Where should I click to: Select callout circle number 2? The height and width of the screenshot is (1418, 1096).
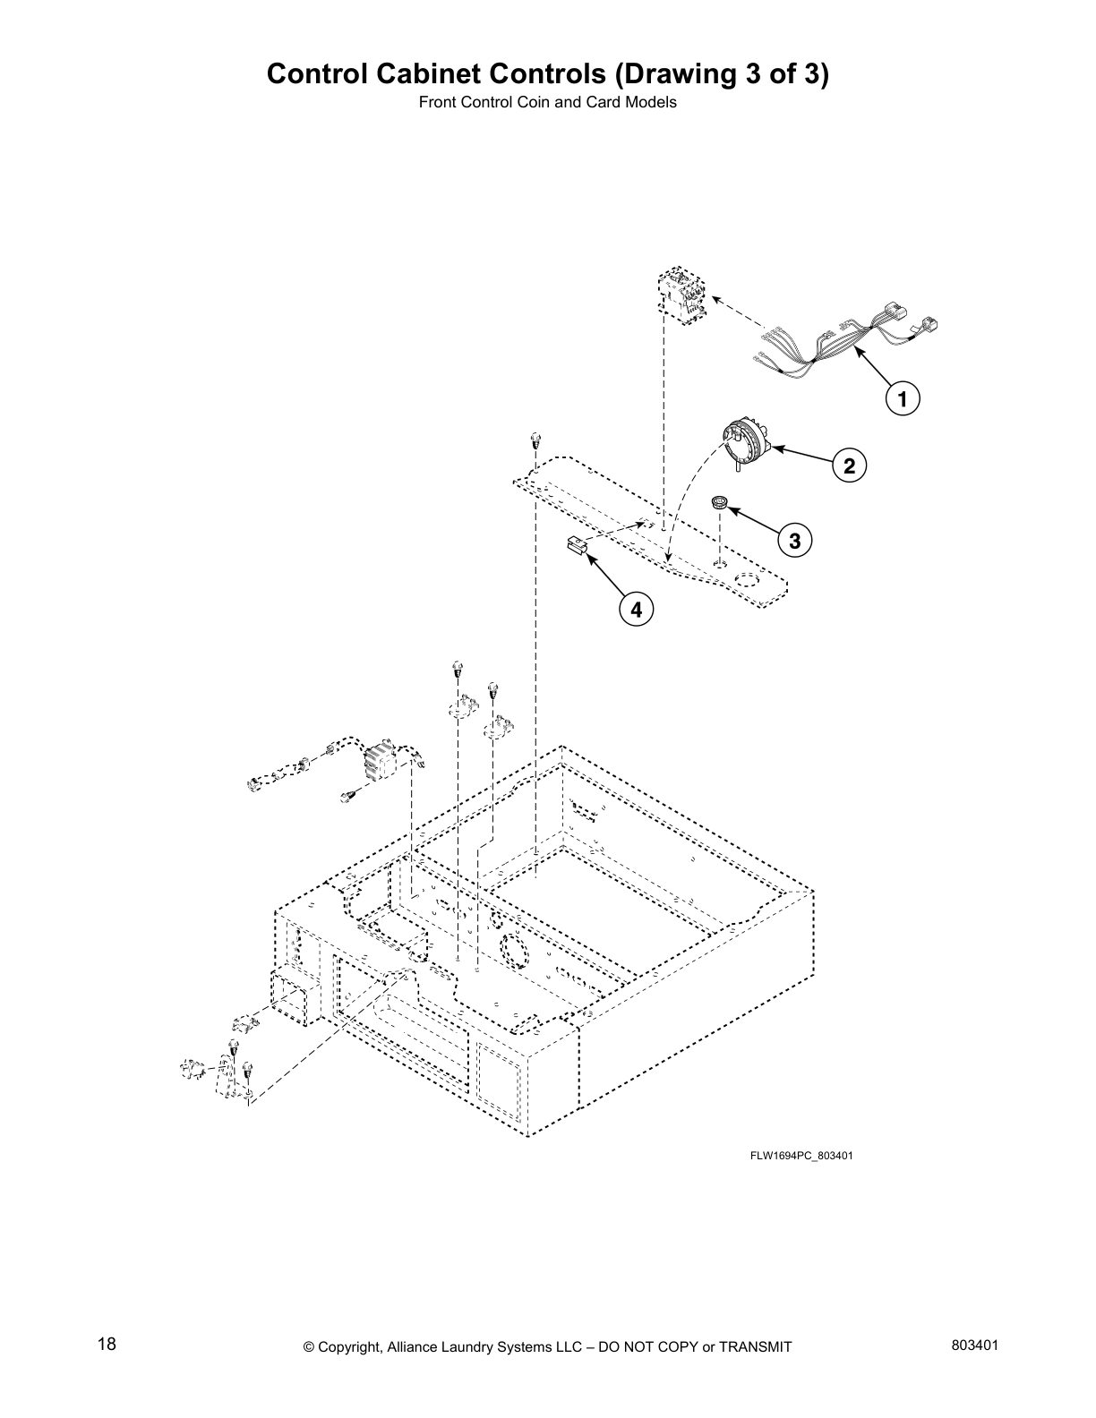click(849, 466)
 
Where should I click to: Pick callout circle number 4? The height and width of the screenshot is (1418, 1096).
click(636, 611)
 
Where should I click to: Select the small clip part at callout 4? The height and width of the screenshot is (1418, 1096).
click(576, 544)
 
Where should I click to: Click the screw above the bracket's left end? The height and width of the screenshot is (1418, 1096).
click(535, 440)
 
